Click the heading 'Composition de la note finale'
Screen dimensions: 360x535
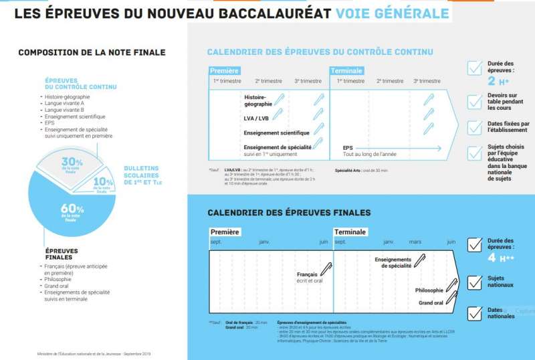[x=92, y=52]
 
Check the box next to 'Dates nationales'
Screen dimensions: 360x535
[x=475, y=312]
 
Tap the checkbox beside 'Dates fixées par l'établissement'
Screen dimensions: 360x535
[x=475, y=126]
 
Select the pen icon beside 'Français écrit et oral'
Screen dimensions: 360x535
[x=326, y=269]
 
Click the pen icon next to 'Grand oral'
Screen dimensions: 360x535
[x=452, y=300]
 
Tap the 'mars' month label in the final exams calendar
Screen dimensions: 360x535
[x=415, y=242]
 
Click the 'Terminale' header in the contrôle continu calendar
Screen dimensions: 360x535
[x=346, y=71]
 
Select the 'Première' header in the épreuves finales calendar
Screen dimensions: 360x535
[x=225, y=232]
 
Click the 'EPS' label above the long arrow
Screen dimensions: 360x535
[x=348, y=147]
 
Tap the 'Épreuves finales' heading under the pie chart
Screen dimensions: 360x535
[x=62, y=254]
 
